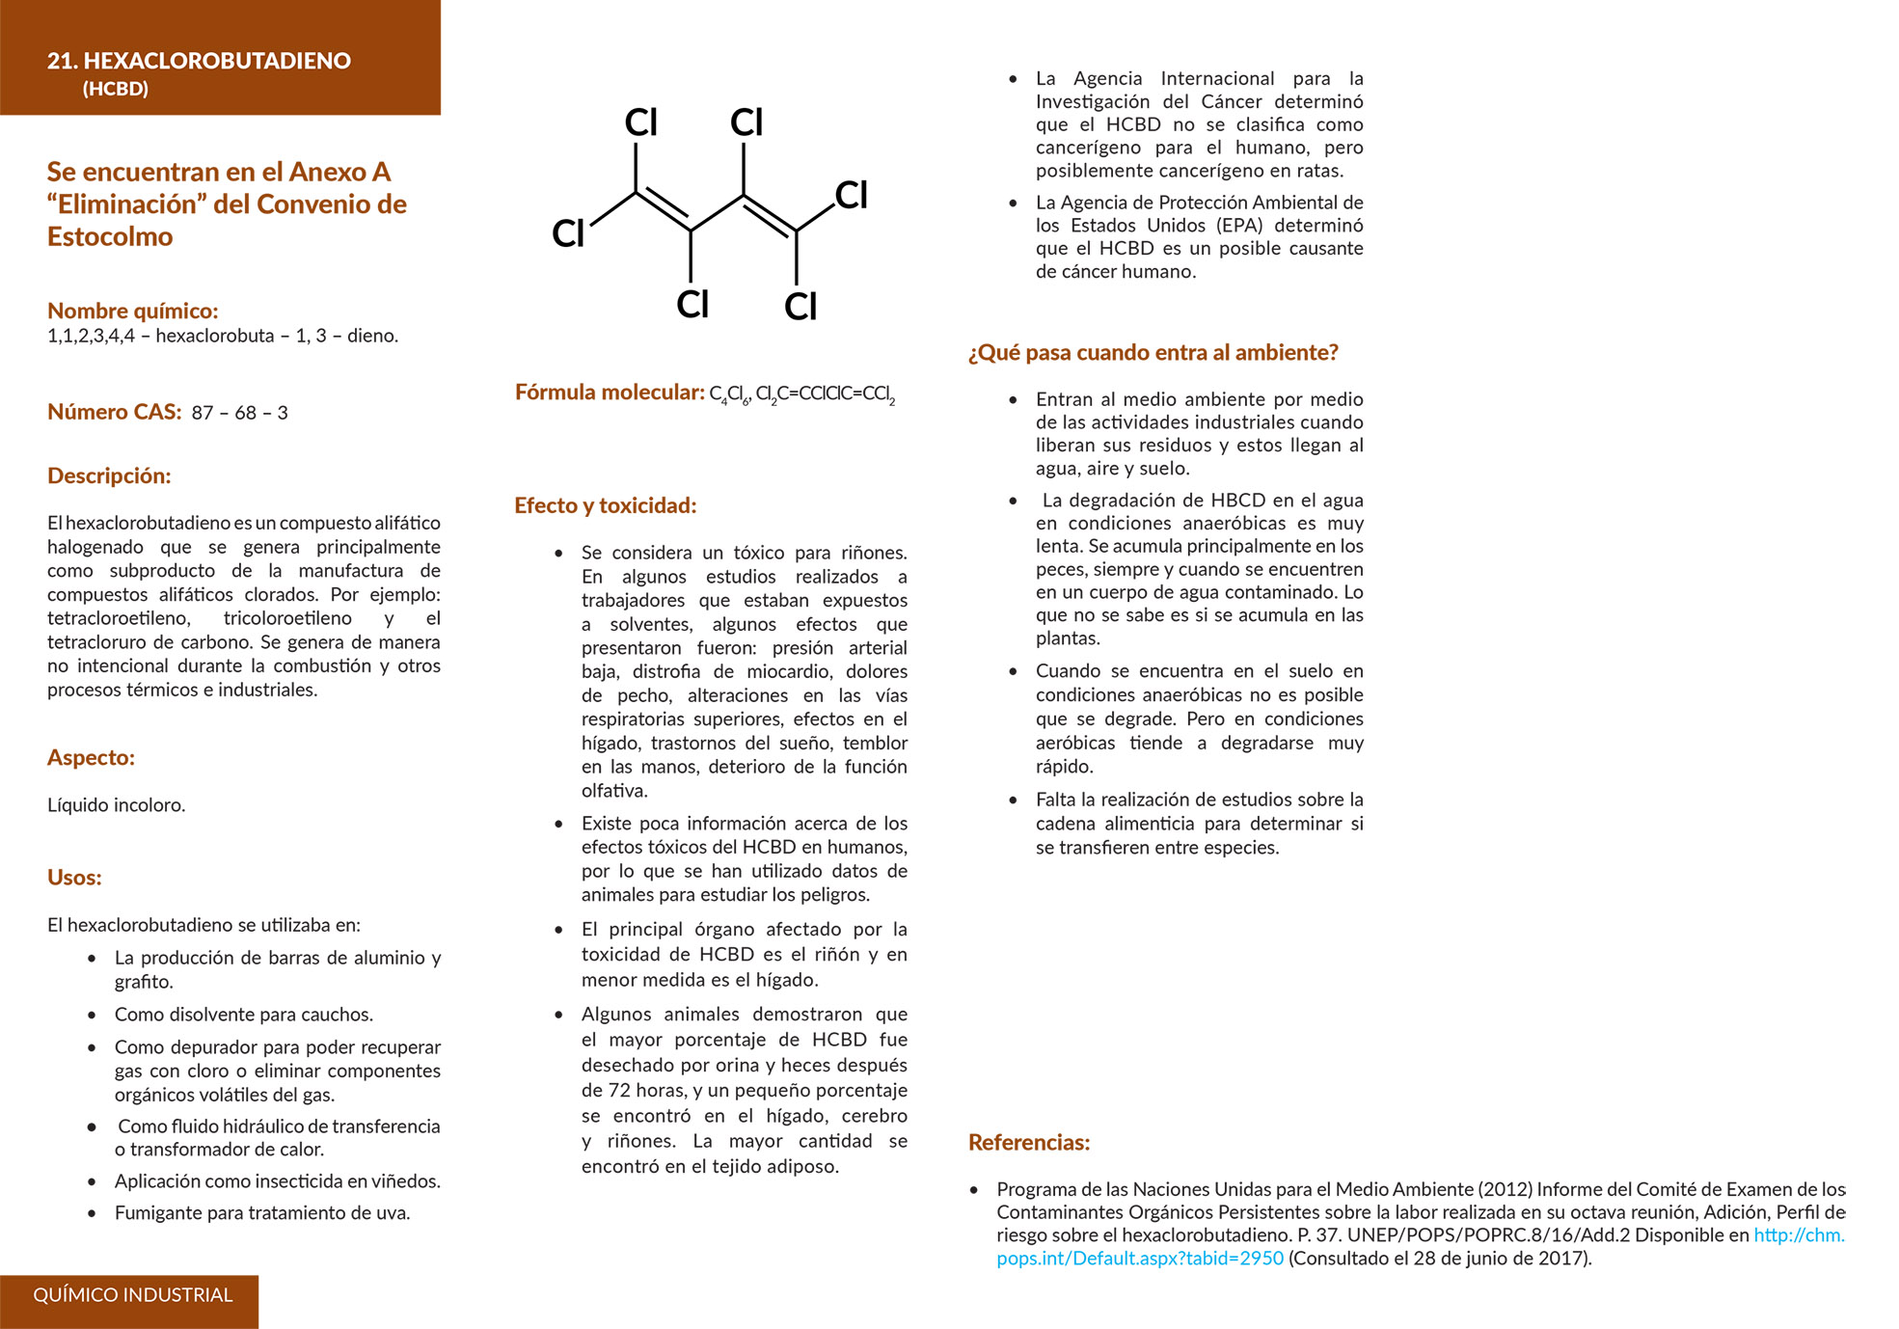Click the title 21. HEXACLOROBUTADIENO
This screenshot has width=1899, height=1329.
(199, 61)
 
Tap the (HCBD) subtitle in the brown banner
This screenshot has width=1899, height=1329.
(116, 89)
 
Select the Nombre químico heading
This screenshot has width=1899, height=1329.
(132, 311)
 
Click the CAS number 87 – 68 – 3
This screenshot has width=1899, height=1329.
(239, 413)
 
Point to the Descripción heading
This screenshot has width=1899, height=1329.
(109, 475)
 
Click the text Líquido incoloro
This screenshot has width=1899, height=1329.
(116, 804)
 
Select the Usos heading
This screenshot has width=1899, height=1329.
(74, 877)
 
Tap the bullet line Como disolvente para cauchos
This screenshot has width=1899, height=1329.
(243, 1015)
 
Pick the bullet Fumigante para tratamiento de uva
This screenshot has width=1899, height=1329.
(261, 1212)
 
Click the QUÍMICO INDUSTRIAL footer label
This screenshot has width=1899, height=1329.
(133, 1295)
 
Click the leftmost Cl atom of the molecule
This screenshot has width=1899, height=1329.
(568, 233)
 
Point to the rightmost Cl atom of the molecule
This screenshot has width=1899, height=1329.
(852, 195)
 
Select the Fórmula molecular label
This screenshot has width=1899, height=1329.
(610, 393)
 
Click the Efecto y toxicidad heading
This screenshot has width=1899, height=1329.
(605, 505)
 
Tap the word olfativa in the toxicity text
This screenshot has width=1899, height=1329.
(614, 791)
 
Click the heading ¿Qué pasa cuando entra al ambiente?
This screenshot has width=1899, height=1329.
(1153, 353)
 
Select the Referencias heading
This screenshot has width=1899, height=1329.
(1028, 1142)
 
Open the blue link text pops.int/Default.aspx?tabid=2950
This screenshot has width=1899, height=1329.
(1140, 1259)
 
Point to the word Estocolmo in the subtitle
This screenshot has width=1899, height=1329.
(110, 237)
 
